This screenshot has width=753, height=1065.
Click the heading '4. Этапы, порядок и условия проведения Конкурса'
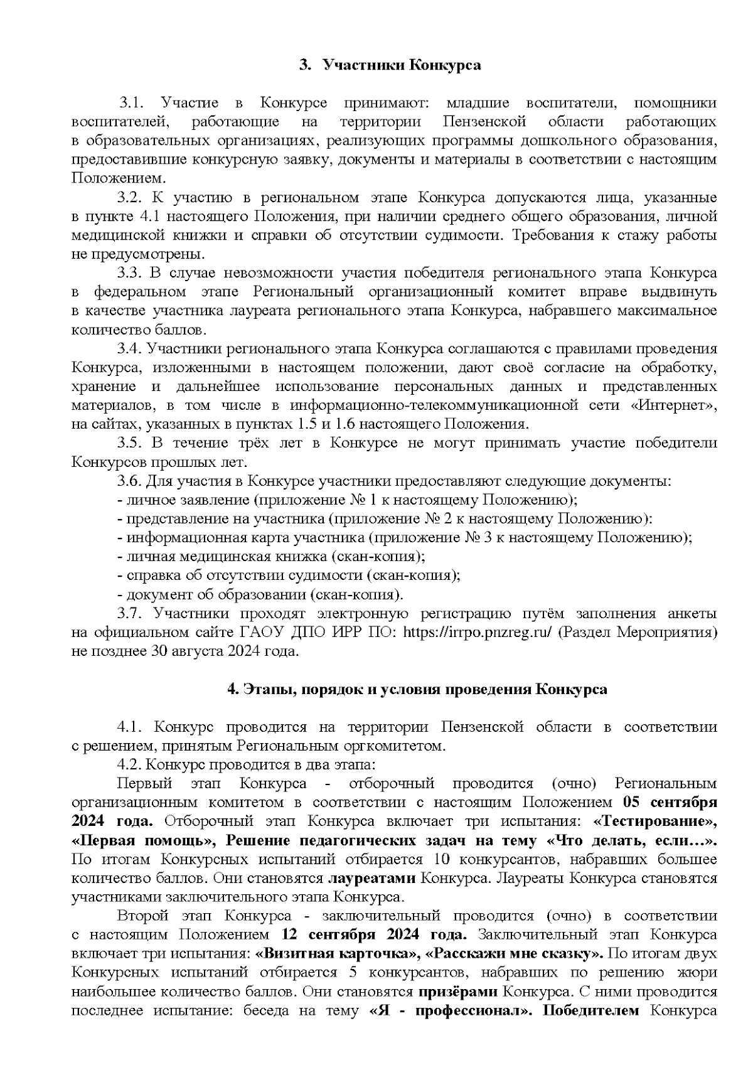417,690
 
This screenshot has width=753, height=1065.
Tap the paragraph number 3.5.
131,443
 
